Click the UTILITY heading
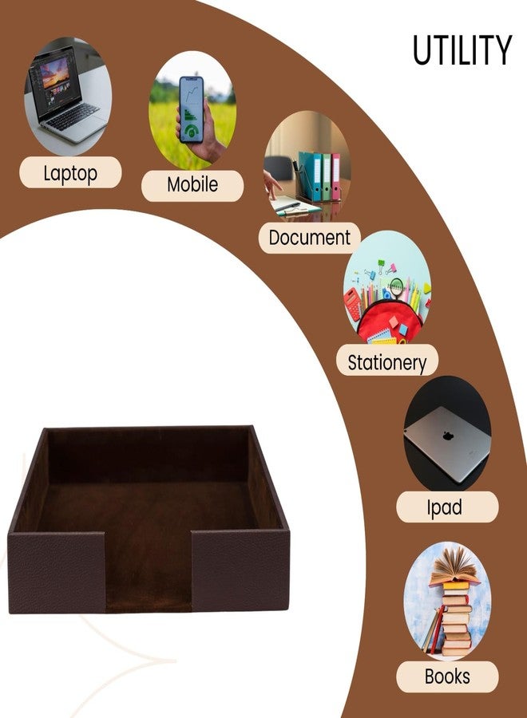[462, 49]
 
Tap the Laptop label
[70, 172]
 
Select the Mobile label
[192, 184]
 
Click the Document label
[309, 238]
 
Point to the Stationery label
[387, 362]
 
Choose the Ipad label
[444, 507]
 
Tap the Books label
[447, 677]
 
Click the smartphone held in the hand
[192, 109]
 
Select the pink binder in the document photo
[336, 176]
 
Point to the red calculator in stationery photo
[353, 304]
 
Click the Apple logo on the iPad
[448, 436]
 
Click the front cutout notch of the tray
[148, 571]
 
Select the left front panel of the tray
[57, 572]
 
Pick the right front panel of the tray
[240, 570]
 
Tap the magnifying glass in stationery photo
[395, 286]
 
